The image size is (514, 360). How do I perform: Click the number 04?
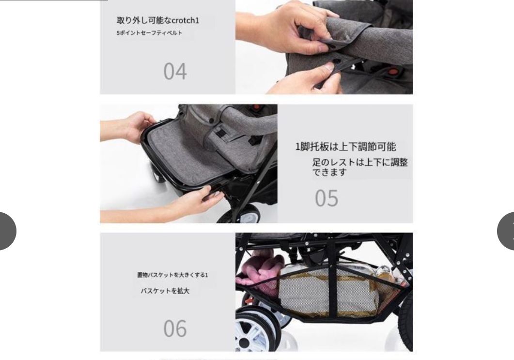175,72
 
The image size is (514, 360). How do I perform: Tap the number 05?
327,198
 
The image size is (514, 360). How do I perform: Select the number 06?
175,329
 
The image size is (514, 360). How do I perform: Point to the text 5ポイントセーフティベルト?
149,33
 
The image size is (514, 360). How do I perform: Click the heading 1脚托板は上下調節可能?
346,147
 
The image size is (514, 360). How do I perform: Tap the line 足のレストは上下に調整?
360,162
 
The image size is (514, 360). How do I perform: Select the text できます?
329,172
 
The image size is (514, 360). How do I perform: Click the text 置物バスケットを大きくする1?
172,275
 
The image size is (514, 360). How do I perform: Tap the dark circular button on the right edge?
507,231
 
